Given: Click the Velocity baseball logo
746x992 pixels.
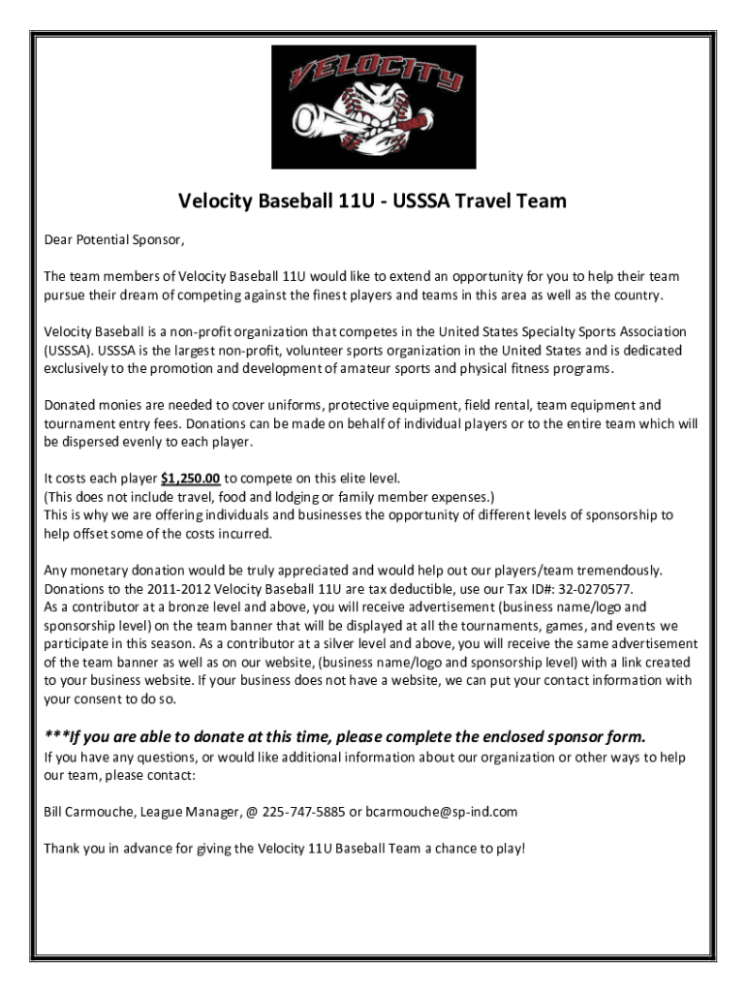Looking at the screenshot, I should click(x=373, y=106).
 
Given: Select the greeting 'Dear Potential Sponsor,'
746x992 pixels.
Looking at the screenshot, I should click(x=113, y=239).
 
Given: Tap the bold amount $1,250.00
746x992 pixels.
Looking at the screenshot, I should click(x=191, y=478).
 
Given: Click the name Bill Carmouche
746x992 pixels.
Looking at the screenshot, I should click(x=91, y=812).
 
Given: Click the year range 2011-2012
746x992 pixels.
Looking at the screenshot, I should click(x=180, y=589).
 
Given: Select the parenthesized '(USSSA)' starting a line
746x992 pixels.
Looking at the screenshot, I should click(x=67, y=351).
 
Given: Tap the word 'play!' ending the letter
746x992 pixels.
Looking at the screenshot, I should click(x=509, y=849).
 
